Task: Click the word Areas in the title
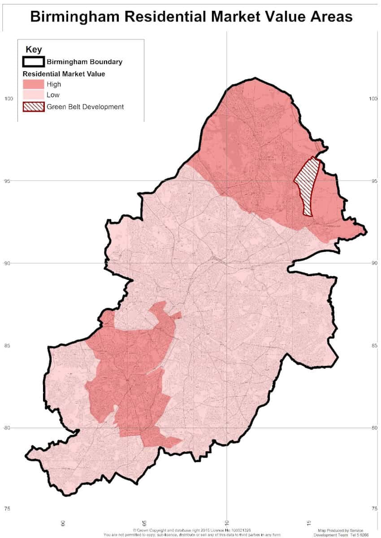[x=328, y=17]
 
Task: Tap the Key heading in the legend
[x=34, y=50]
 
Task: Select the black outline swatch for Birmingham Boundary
[x=34, y=61]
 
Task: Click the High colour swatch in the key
[x=34, y=84]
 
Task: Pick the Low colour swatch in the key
[x=34, y=95]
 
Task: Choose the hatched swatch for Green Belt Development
[x=34, y=107]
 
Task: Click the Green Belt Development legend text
[x=85, y=107]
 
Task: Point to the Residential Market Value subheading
[x=64, y=74]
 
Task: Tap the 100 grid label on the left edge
[x=8, y=99]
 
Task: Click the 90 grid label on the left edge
[x=7, y=263]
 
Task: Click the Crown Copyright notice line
[x=191, y=530]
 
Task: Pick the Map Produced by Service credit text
[x=341, y=530]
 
